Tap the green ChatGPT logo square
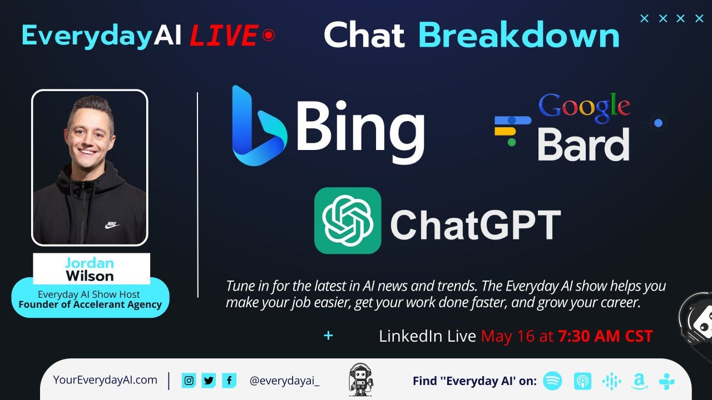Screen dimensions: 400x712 [x=348, y=221]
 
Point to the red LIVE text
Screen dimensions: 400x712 [x=223, y=36]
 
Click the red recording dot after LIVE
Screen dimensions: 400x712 [x=269, y=36]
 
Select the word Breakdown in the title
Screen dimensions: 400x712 [x=518, y=35]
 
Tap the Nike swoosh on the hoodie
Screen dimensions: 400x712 [x=112, y=225]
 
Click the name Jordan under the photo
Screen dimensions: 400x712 [x=90, y=263]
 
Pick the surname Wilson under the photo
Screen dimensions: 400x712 [x=90, y=276]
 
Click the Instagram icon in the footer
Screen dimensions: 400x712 [x=189, y=381]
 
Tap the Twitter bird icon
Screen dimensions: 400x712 [x=209, y=381]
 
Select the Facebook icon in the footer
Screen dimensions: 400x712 [x=229, y=381]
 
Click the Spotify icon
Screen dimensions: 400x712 [x=552, y=381]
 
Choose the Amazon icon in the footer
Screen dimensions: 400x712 [x=639, y=382]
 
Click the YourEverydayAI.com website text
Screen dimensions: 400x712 [x=105, y=380]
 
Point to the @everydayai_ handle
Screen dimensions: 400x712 [x=284, y=381]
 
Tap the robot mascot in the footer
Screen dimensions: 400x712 [x=360, y=379]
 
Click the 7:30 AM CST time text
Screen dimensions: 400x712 [x=605, y=336]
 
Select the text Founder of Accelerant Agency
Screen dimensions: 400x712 [x=90, y=304]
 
